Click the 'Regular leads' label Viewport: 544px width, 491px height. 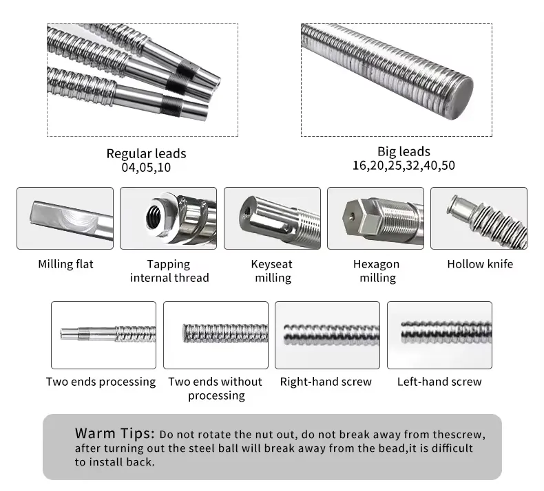146,153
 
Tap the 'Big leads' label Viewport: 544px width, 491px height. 404,151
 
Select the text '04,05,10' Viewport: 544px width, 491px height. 146,167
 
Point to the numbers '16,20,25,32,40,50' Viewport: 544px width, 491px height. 404,166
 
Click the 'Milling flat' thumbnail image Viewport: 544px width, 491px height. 65,218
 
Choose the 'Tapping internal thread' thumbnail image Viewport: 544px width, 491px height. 169,218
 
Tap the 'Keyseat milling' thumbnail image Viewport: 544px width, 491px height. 273,218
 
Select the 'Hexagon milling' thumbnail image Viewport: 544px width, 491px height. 376,218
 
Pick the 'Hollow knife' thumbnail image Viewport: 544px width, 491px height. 479,218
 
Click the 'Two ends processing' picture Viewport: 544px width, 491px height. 104,335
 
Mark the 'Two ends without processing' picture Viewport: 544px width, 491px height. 216,335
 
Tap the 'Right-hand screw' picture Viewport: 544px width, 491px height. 328,335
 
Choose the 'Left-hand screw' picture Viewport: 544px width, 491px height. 439,335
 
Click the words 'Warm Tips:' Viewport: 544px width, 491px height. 115,434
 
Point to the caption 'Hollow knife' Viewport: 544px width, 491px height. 480,264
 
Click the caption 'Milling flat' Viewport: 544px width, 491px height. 65,264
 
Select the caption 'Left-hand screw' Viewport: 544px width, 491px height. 439,382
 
